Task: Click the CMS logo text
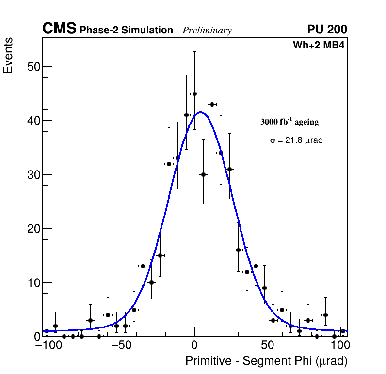pos(59,29)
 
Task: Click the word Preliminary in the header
pos(207,31)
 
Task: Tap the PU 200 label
pos(327,30)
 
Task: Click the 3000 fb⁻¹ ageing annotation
pos(289,122)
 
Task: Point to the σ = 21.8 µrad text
pos(296,140)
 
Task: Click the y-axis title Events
pos(8,56)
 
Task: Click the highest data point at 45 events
pos(194,93)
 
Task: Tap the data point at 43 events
pos(212,104)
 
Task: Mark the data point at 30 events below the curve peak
pos(203,174)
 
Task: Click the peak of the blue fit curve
pos(200,112)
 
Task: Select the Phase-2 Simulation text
pos(126,31)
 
